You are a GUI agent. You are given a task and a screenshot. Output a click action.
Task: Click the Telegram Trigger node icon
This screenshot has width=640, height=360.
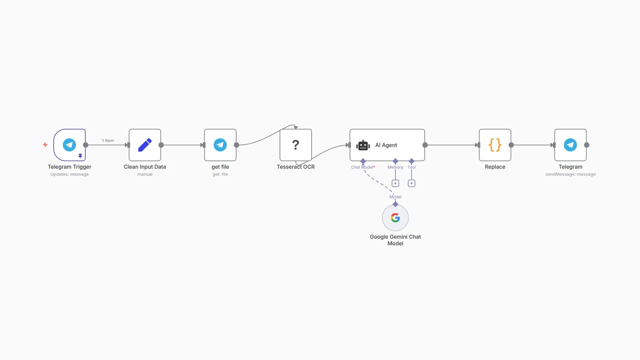[x=69, y=145]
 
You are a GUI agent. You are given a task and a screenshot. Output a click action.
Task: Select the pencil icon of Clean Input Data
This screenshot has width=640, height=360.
[x=145, y=145]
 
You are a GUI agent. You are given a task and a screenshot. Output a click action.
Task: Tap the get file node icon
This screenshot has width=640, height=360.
[x=220, y=145]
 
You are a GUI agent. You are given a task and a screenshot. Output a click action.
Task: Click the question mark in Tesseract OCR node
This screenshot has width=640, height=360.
[x=295, y=145]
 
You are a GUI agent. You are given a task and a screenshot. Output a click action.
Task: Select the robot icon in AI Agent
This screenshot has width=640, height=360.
[x=363, y=145]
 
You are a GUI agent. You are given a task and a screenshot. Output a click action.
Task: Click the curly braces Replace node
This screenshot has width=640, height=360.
[x=495, y=145]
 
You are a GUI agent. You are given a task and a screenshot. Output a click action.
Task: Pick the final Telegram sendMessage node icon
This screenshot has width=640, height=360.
[x=570, y=145]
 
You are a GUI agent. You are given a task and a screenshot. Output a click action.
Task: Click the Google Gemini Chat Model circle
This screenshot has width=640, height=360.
[x=395, y=218]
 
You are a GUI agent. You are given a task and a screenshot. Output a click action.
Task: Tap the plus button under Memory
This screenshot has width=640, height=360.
[x=395, y=183]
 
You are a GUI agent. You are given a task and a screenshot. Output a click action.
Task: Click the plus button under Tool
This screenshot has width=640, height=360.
[x=411, y=183]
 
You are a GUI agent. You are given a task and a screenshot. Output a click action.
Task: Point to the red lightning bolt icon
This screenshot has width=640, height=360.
[x=45, y=145]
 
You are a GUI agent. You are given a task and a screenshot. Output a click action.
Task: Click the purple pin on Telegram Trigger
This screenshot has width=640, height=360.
[x=80, y=156]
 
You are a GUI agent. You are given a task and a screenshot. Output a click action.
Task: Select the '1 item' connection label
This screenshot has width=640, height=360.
[x=108, y=141]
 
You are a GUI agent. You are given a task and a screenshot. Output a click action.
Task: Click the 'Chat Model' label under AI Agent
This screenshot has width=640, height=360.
[x=362, y=167]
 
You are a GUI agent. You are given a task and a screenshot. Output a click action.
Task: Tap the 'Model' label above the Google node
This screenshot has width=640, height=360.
[x=395, y=197]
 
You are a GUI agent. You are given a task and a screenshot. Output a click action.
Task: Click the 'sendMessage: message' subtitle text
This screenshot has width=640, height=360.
[x=570, y=174]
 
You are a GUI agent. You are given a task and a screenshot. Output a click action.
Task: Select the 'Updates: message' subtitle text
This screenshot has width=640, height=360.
[x=69, y=174]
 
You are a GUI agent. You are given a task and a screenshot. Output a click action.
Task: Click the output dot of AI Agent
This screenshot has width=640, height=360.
[x=425, y=145]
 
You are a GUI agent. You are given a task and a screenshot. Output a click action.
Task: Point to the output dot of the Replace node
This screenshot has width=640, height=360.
[x=511, y=145]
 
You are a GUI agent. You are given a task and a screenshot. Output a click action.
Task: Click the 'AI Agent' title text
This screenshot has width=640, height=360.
[x=386, y=145]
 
